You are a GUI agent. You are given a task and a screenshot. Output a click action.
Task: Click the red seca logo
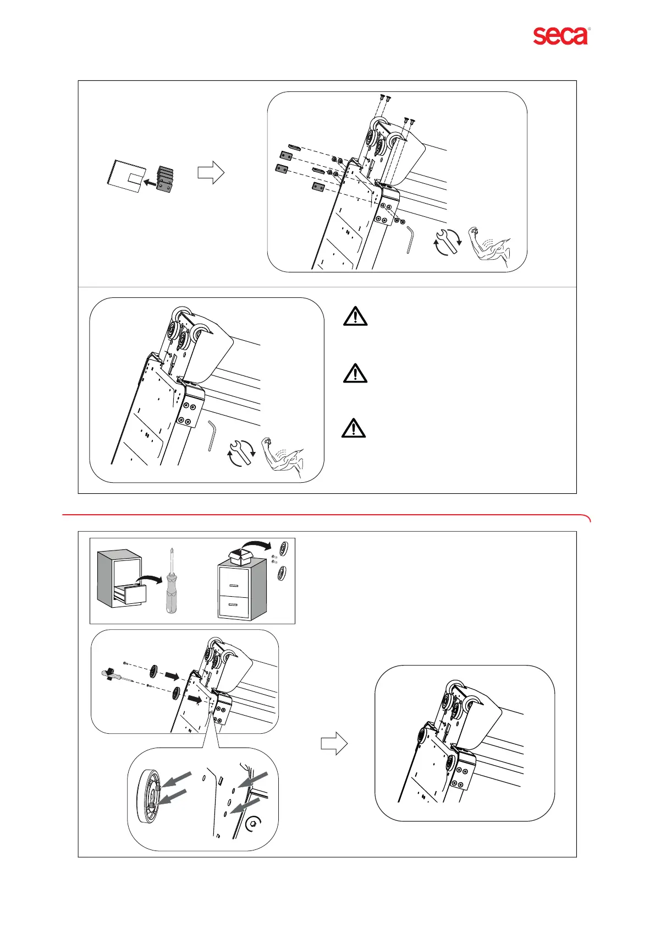[560, 36]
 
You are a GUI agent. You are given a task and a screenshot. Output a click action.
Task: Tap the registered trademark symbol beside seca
[590, 28]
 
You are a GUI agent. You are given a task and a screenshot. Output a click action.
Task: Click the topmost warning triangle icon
[355, 317]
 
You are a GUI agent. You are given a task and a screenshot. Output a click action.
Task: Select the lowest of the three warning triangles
[354, 428]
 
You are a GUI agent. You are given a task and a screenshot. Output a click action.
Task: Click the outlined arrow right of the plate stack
[211, 173]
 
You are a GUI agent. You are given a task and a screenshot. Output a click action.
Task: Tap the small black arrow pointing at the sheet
[147, 181]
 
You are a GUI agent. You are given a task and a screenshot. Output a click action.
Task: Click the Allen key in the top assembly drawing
[410, 240]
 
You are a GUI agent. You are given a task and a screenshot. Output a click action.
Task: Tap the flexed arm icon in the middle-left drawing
[283, 454]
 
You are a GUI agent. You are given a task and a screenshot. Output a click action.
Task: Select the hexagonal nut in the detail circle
[254, 824]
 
